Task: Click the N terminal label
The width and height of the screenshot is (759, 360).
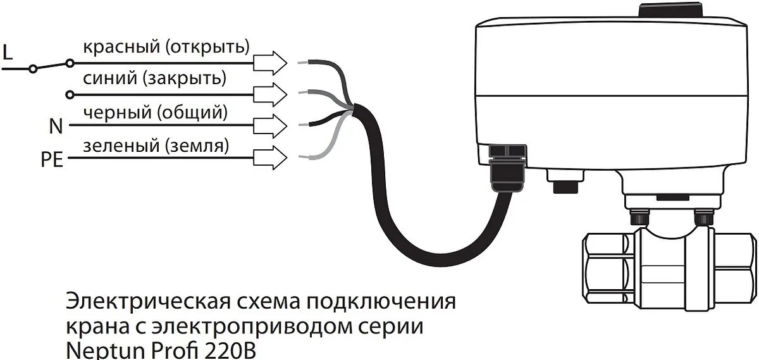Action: [56, 127]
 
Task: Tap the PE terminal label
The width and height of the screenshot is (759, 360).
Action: [52, 159]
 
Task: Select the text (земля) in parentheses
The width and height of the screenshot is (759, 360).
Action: [197, 146]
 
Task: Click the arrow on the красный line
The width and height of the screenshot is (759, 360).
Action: [270, 63]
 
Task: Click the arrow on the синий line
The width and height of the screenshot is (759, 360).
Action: [270, 94]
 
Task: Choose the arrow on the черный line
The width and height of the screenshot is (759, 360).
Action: [270, 127]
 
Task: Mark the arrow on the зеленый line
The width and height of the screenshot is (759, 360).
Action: [270, 158]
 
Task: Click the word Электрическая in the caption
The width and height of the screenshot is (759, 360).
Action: [147, 301]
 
